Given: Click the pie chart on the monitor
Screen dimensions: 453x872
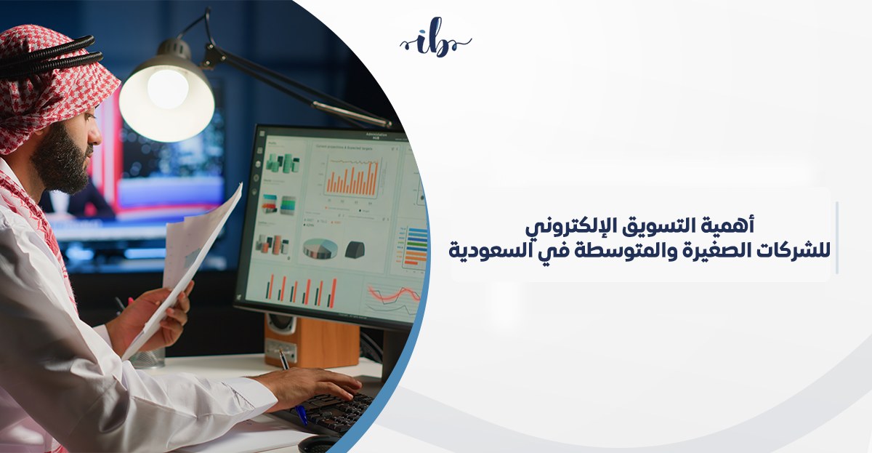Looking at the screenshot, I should (x=320, y=249).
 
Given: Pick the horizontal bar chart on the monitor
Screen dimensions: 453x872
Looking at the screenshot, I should (x=415, y=246).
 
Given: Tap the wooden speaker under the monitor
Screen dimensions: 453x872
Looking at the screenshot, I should (x=312, y=341).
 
